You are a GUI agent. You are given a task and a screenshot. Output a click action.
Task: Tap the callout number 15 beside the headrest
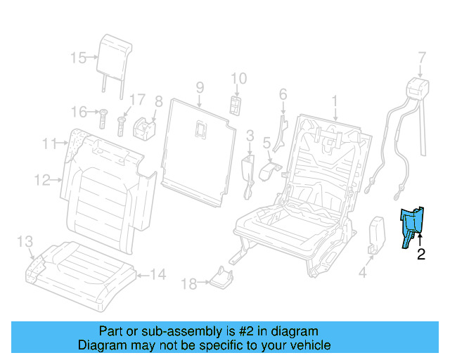pos(78,58)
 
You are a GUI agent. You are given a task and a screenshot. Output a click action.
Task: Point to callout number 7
pos(421,57)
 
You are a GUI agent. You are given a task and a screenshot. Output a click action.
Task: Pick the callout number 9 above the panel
pos(200,88)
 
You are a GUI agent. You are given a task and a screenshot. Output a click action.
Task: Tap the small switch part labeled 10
pos(235,105)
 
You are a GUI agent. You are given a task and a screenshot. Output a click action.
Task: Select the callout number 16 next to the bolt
pos(78,111)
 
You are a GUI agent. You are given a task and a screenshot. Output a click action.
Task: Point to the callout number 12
pos(42,180)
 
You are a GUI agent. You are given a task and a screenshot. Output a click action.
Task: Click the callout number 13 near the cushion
pos(25,242)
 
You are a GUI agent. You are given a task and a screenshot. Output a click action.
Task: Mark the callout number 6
pos(283,94)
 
